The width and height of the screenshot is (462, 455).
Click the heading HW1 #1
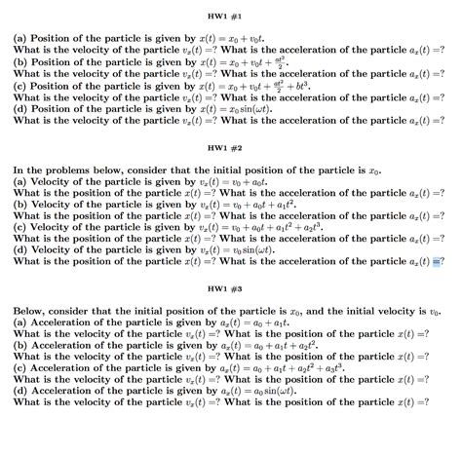[231, 17]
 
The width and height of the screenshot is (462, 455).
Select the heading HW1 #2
[231, 147]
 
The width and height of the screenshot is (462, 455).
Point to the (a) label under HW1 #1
[20, 38]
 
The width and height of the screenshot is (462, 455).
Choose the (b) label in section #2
[20, 203]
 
